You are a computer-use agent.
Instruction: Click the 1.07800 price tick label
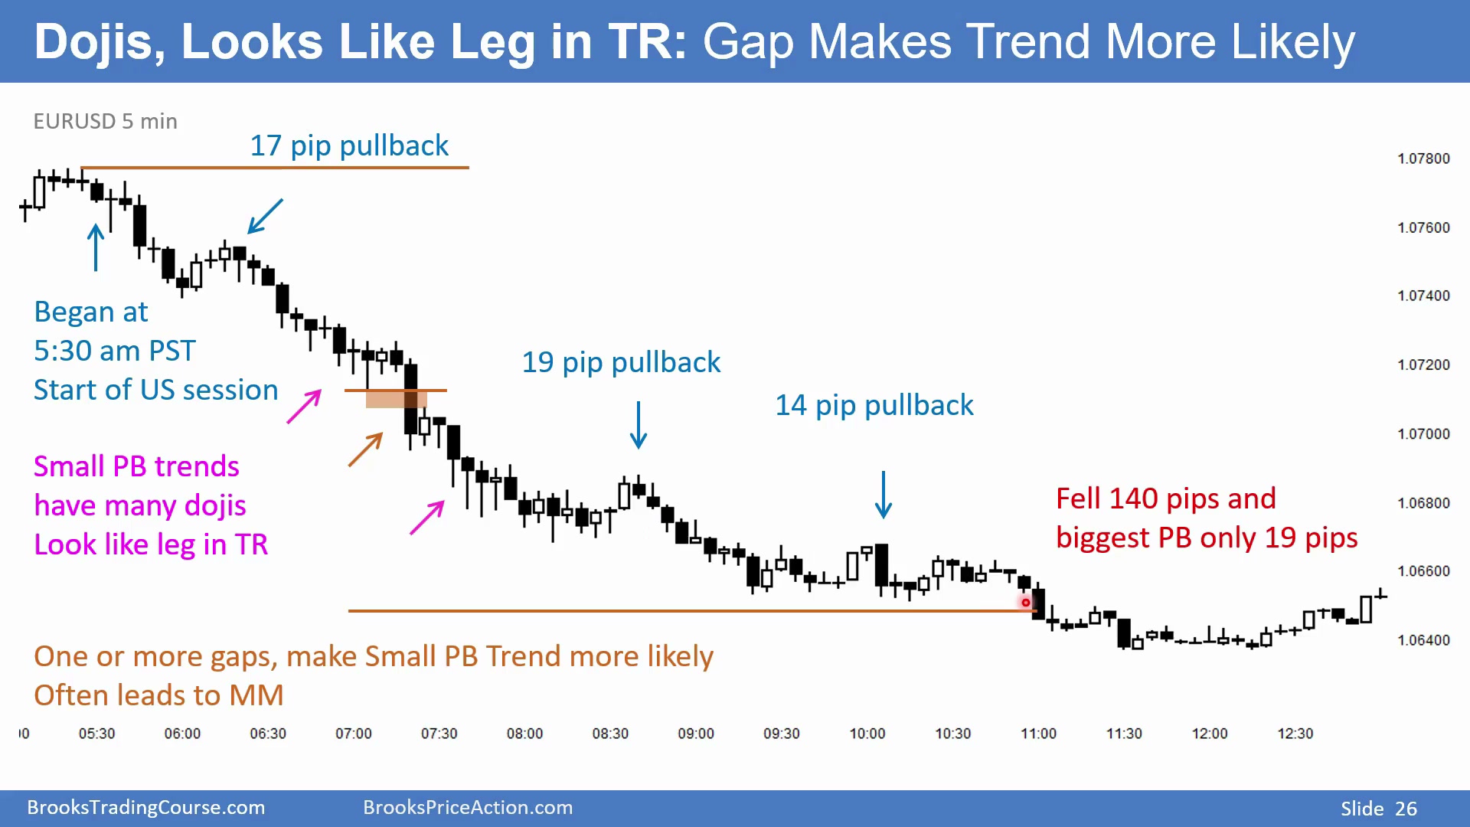pyautogui.click(x=1423, y=159)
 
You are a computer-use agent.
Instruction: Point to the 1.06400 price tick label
pyautogui.click(x=1423, y=640)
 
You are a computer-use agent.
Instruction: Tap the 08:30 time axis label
pyautogui.click(x=610, y=734)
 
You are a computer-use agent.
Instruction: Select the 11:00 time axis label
pyautogui.click(x=1038, y=734)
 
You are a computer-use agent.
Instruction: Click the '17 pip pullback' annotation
pyautogui.click(x=349, y=145)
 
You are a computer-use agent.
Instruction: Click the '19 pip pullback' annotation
pyautogui.click(x=621, y=362)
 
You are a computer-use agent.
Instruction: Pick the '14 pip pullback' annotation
pyautogui.click(x=874, y=405)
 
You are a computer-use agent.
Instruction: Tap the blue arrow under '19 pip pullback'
pyautogui.click(x=639, y=425)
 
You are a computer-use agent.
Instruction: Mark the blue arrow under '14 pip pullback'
pyautogui.click(x=884, y=495)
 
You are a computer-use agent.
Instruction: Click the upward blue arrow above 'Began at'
pyautogui.click(x=96, y=247)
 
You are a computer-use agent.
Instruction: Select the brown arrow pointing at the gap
pyautogui.click(x=365, y=449)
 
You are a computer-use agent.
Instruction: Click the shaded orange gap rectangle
pyautogui.click(x=396, y=399)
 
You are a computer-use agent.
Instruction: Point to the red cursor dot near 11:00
pyautogui.click(x=1026, y=603)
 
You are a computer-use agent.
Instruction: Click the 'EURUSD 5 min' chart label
pyautogui.click(x=106, y=121)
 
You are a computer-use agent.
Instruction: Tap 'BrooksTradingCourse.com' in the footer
pyautogui.click(x=146, y=807)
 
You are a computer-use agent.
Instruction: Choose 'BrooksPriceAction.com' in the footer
pyautogui.click(x=468, y=807)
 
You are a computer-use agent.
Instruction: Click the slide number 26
pyautogui.click(x=1406, y=809)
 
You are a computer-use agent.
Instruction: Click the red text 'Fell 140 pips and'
pyautogui.click(x=1166, y=498)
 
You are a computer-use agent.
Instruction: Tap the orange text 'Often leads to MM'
pyautogui.click(x=158, y=695)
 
